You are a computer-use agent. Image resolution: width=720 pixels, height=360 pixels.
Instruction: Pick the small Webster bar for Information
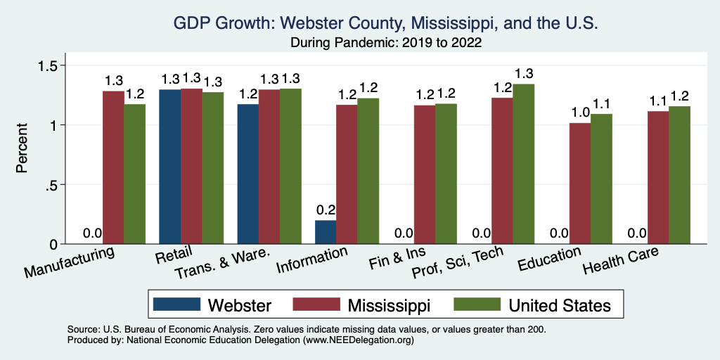pos(325,232)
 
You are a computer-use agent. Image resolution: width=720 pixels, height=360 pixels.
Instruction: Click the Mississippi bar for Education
pos(579,184)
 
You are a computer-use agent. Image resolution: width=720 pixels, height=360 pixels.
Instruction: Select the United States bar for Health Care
pos(679,175)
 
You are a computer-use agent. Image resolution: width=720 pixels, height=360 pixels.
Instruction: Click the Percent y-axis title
pos(22,149)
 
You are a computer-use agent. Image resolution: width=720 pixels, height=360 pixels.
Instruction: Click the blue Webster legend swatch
pos(175,304)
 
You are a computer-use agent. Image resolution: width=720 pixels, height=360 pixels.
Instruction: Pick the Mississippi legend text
pos(389,304)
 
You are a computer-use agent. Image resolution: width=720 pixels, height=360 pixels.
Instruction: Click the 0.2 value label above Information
pos(326,210)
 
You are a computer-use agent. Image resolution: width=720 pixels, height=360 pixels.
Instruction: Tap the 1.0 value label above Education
pos(579,112)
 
